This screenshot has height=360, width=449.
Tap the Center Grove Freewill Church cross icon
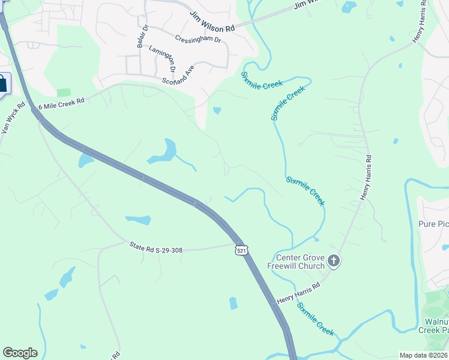[x=334, y=261]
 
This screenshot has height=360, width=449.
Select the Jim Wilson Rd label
[x=212, y=25]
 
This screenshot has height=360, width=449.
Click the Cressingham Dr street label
[x=198, y=39]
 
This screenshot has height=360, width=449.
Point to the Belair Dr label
[x=141, y=37]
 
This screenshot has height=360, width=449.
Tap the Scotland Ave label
[x=178, y=76]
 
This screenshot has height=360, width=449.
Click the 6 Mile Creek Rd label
[x=61, y=103]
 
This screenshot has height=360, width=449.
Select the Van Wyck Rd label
[x=13, y=117]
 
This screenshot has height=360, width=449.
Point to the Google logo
[x=20, y=353]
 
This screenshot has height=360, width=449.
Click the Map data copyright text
[x=424, y=355]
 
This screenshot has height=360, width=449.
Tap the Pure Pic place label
[x=433, y=224]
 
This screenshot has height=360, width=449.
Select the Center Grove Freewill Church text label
[x=300, y=262]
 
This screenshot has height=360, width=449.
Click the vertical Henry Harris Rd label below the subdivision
[x=367, y=178]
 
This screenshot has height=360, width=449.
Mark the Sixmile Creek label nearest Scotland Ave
[x=262, y=80]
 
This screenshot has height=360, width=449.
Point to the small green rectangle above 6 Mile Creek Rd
[x=64, y=92]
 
